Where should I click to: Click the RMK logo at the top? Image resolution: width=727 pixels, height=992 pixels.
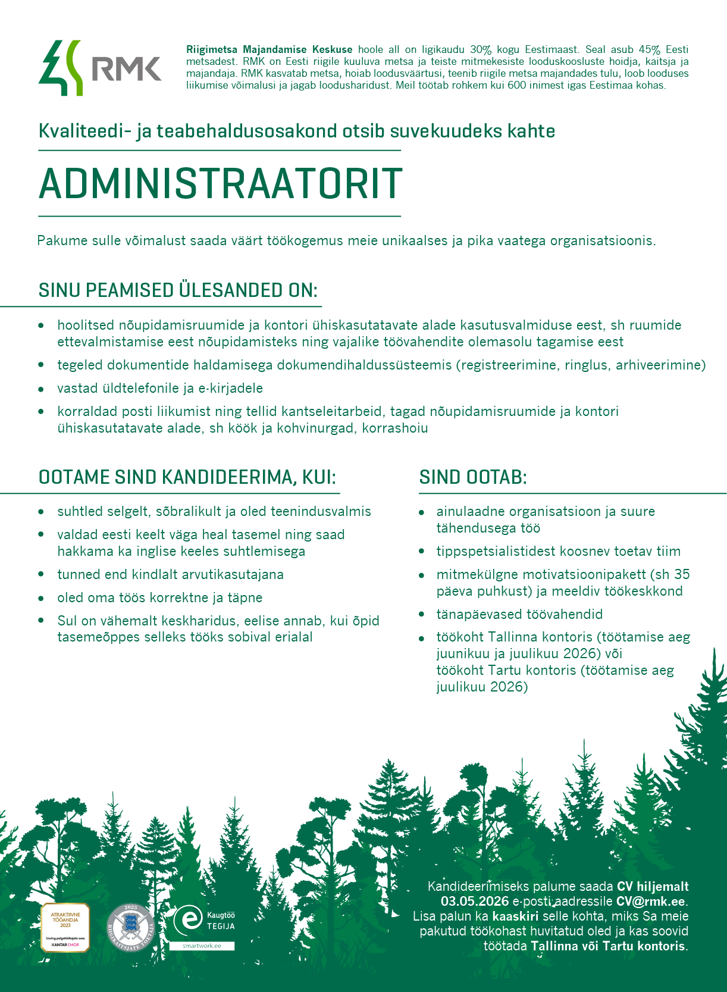[x=100, y=68]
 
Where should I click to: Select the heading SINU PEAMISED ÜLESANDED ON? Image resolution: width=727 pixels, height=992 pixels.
[x=178, y=290]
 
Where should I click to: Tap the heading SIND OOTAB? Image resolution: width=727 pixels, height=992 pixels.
[x=473, y=477]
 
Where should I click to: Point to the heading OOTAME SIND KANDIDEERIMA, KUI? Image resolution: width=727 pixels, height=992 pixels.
[x=187, y=477]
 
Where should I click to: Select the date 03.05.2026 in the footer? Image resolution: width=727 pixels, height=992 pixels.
[x=475, y=902]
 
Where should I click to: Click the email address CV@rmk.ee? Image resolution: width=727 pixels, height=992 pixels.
[x=650, y=902]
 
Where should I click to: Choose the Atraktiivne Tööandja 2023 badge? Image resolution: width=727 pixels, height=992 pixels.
[x=65, y=927]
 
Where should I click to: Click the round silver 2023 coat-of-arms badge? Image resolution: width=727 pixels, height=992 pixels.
[x=131, y=928]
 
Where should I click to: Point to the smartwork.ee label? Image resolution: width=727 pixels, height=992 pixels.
[x=202, y=946]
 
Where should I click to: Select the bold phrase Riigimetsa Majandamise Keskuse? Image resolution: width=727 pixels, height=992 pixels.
[x=269, y=50]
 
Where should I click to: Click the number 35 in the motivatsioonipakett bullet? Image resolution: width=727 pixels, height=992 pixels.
[x=682, y=574]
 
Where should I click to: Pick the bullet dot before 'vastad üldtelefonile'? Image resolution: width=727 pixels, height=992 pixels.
[x=41, y=389]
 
